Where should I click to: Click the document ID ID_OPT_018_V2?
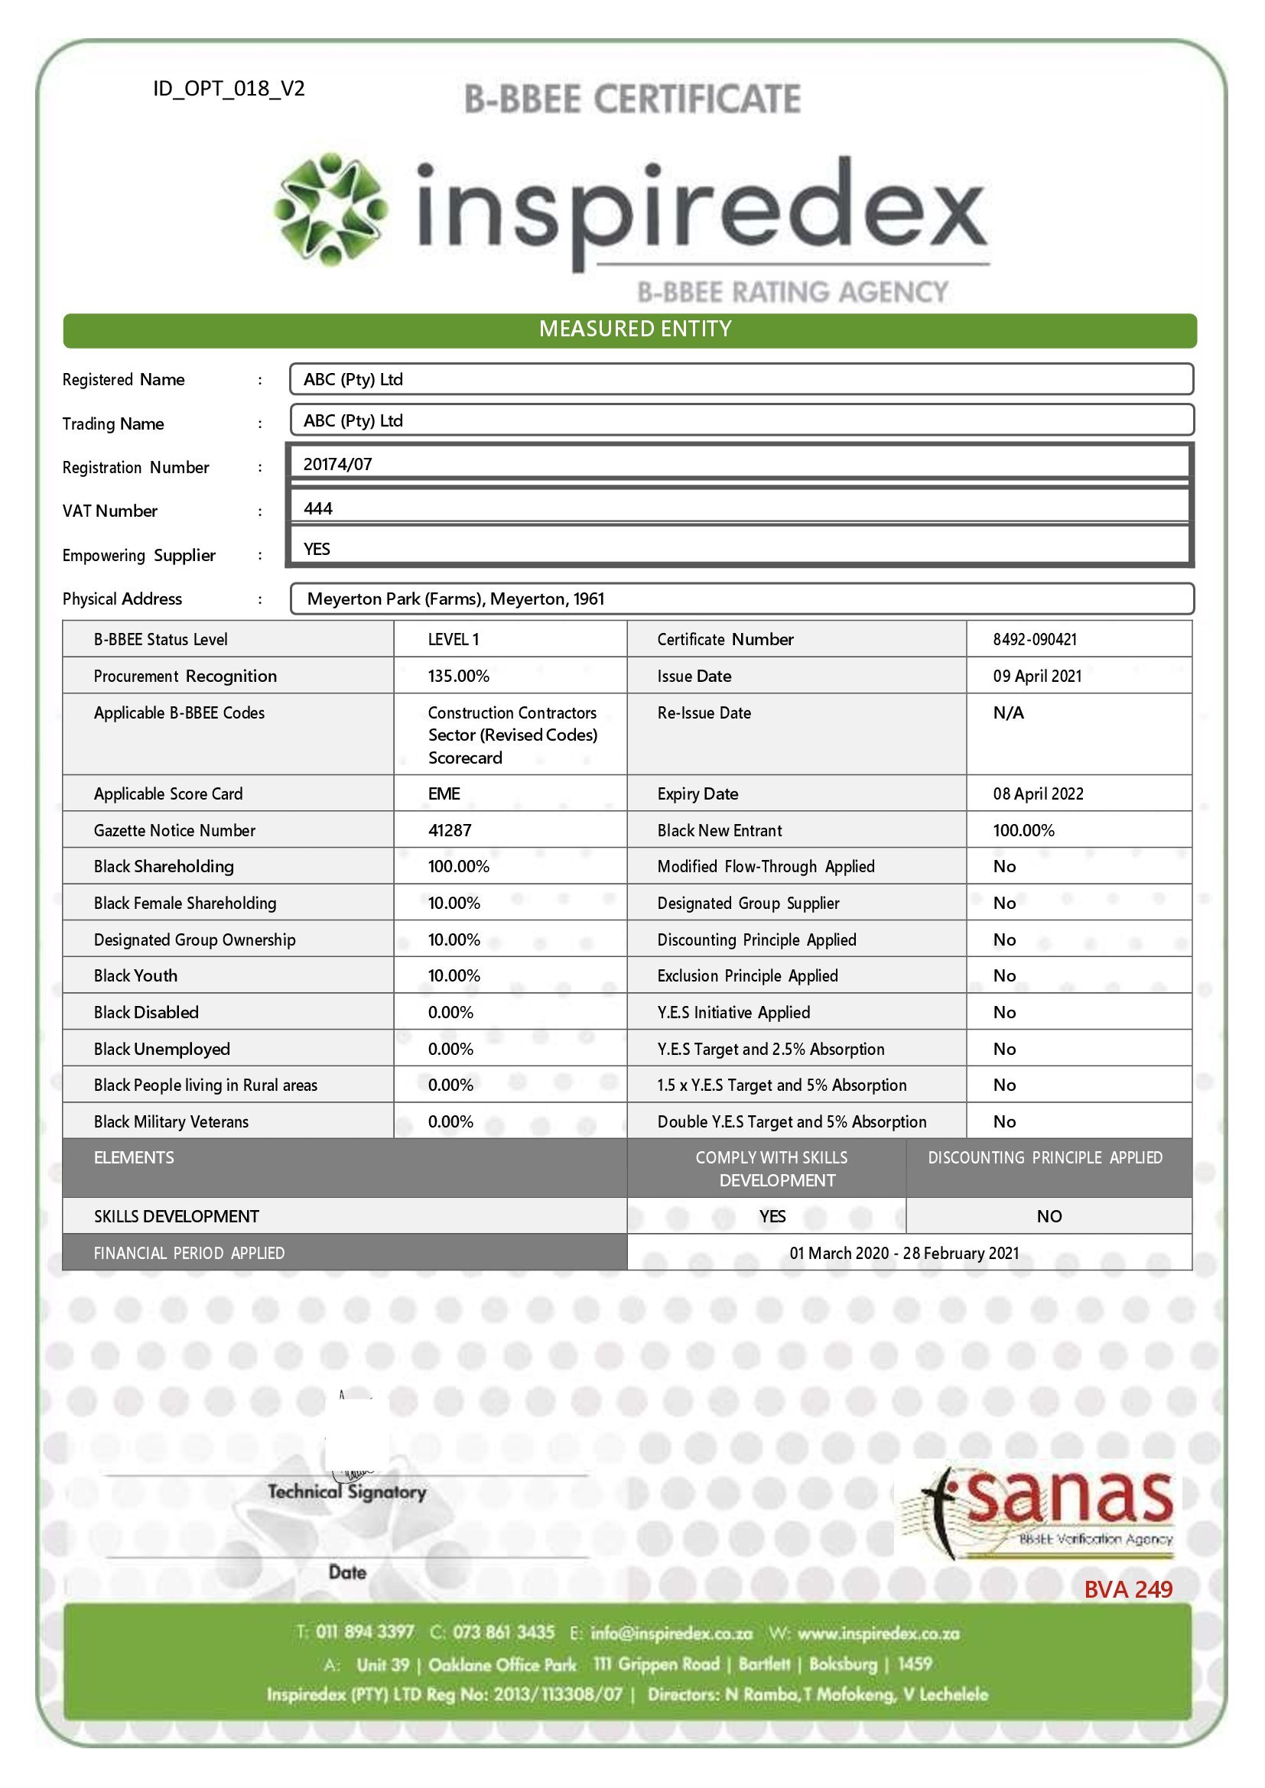coord(228,89)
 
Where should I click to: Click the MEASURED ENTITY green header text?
coord(635,329)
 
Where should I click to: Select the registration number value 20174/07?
coord(338,465)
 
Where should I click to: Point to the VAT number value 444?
coord(318,509)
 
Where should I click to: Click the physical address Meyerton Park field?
coord(456,599)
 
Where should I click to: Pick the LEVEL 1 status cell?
coord(454,639)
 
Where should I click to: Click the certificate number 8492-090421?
coord(1035,639)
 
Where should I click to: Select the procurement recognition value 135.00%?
coord(458,676)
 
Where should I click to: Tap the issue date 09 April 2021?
coord(1037,676)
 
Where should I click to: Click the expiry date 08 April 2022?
coord(1038,793)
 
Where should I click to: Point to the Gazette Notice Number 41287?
coord(450,830)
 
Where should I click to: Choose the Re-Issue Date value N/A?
coord(1008,712)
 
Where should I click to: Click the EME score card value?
coord(444,793)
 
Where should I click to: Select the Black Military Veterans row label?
coord(171,1121)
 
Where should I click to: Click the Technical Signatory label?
coord(346,1492)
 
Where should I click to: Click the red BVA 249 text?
coord(1127,1589)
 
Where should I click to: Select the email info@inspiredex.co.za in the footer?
coord(671,1632)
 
